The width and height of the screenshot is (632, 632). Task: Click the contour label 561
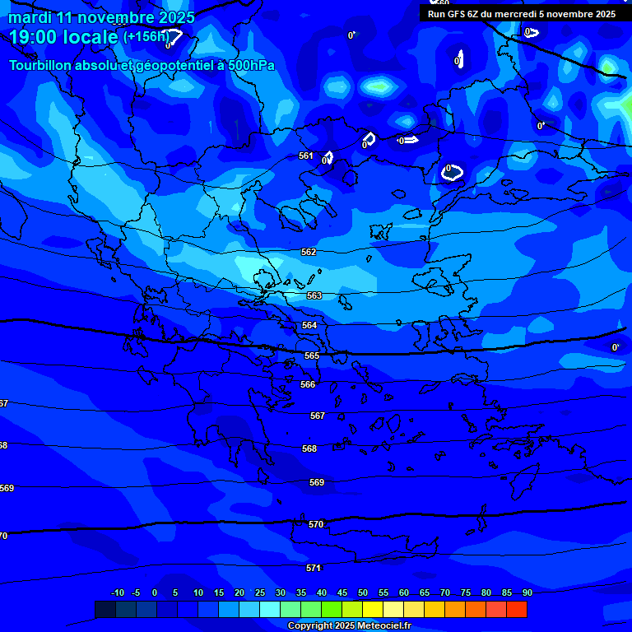coord(306,156)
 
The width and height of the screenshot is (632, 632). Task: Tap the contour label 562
coord(309,253)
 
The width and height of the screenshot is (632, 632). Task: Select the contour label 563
coord(314,295)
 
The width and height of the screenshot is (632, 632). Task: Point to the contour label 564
coord(309,326)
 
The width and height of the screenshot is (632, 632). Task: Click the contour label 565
coord(312,355)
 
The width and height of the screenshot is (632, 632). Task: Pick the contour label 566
coord(308,384)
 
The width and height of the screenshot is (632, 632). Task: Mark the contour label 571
coord(314,568)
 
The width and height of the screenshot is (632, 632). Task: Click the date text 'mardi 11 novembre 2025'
coord(102,17)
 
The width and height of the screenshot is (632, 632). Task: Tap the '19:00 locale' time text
coord(64,37)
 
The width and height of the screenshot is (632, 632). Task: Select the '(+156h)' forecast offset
coord(146,36)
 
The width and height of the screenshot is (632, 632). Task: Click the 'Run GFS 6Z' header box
coord(521,14)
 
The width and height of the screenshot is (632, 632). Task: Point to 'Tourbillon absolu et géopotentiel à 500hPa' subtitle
coord(142,65)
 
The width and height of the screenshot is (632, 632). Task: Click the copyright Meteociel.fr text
coord(349,626)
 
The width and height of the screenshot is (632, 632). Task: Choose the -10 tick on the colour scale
coord(118,592)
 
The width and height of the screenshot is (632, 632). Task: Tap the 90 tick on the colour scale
coord(527,592)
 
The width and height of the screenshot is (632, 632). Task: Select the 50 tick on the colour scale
coord(363,592)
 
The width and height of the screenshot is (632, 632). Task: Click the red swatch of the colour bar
coord(516,609)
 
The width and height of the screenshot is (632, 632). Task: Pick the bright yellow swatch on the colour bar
coord(373,609)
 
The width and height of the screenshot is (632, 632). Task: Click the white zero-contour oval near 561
coord(328,156)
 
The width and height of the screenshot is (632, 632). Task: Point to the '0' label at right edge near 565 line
coord(615,348)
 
